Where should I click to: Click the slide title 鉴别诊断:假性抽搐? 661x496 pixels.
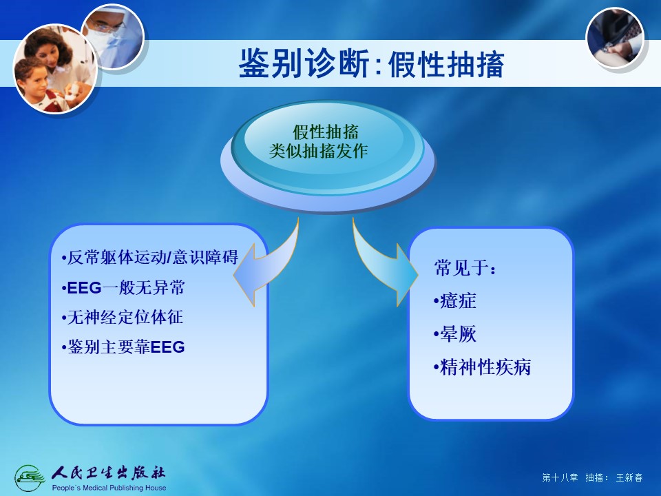click(371, 64)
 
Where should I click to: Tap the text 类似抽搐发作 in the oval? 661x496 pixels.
click(319, 151)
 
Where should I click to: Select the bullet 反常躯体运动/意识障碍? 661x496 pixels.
click(150, 257)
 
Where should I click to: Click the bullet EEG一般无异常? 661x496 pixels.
click(123, 288)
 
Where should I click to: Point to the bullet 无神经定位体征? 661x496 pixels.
click(123, 317)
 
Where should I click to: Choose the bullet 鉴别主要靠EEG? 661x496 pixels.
click(123, 347)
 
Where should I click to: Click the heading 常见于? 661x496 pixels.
click(465, 268)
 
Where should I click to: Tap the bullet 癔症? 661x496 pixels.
click(455, 301)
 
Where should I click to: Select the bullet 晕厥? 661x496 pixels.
click(455, 334)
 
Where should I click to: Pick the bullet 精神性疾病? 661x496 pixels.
click(482, 367)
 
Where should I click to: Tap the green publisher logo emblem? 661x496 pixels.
click(30, 478)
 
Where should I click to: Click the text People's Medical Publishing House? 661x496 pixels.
click(109, 488)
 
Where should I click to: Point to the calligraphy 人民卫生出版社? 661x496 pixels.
click(108, 473)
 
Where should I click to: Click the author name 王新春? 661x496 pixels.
click(629, 477)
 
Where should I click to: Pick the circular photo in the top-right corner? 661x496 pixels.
click(616, 37)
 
